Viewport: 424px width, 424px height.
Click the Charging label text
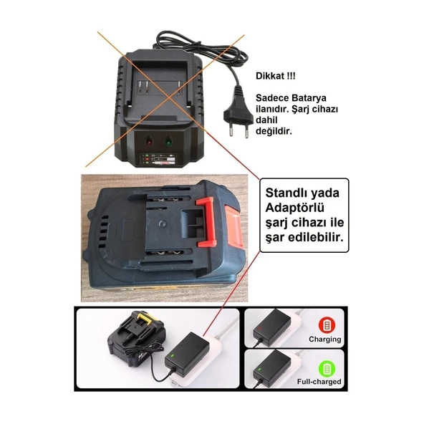coord(324,339)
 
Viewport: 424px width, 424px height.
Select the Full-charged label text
coord(319,382)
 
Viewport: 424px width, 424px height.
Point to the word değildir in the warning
coord(274,132)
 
